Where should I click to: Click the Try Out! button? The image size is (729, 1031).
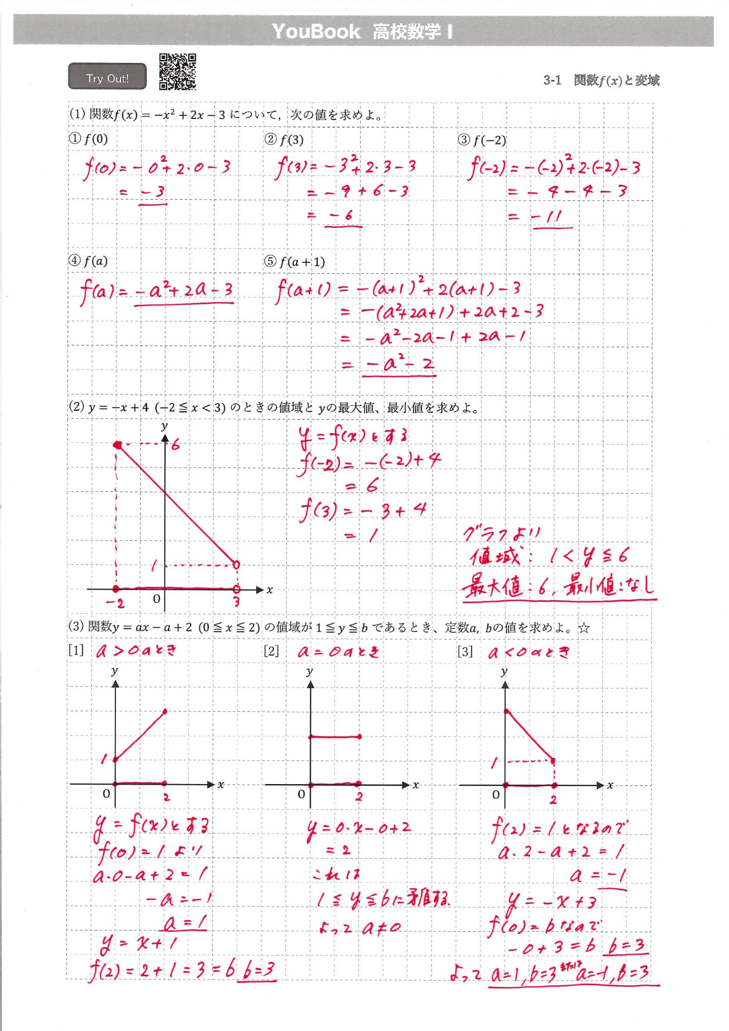pos(107,77)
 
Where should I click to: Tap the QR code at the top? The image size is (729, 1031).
pos(178,72)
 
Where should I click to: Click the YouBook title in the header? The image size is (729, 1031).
pos(316,31)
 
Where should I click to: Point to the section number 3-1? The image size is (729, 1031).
pos(552,80)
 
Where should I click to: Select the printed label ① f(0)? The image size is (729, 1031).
pos(88,139)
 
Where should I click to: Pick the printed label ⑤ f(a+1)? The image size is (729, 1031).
pos(295,262)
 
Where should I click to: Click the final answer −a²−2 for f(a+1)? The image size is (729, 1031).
pos(400,364)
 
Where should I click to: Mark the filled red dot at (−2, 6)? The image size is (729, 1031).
pos(117,445)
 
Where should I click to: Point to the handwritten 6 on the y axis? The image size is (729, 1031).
pos(176,445)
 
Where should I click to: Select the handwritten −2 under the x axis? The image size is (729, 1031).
pos(115,603)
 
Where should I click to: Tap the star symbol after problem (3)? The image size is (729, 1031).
pos(584,628)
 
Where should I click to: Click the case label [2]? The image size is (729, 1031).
pos(271,651)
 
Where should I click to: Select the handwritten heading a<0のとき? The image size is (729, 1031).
pos(529,652)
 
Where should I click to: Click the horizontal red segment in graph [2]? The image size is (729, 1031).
pos(334,736)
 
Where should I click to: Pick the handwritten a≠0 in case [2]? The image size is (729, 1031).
pos(381,928)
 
